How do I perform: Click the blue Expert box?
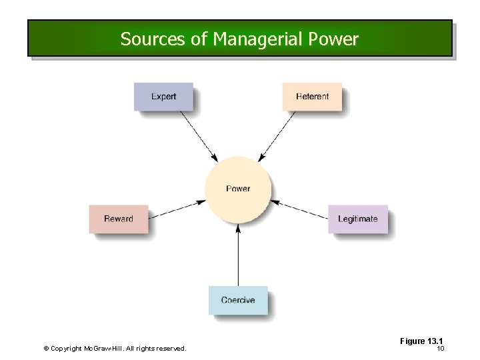pos(163,97)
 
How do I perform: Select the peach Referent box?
pos(312,97)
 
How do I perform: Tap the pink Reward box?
pos(118,219)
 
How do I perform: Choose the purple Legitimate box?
pos(357,219)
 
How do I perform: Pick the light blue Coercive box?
pos(238,300)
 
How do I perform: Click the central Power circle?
pos(238,189)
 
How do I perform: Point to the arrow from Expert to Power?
pos(199,136)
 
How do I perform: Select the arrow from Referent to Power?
pos(277,135)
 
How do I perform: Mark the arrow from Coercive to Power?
pos(238,257)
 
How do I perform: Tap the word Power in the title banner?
pos(333,39)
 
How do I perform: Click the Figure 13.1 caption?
pos(421,341)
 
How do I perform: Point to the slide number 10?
pos(440,349)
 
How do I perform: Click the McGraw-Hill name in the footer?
pos(101,349)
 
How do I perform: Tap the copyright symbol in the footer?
pos(46,349)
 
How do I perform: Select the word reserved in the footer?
pos(171,349)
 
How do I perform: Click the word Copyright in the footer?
pos(66,349)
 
